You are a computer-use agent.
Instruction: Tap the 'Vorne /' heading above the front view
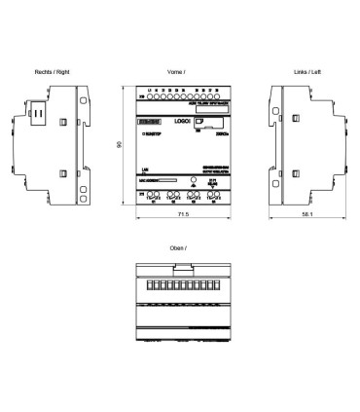click(x=178, y=72)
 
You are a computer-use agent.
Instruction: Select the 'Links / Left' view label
click(x=306, y=72)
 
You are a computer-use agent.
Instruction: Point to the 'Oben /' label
click(x=178, y=249)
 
